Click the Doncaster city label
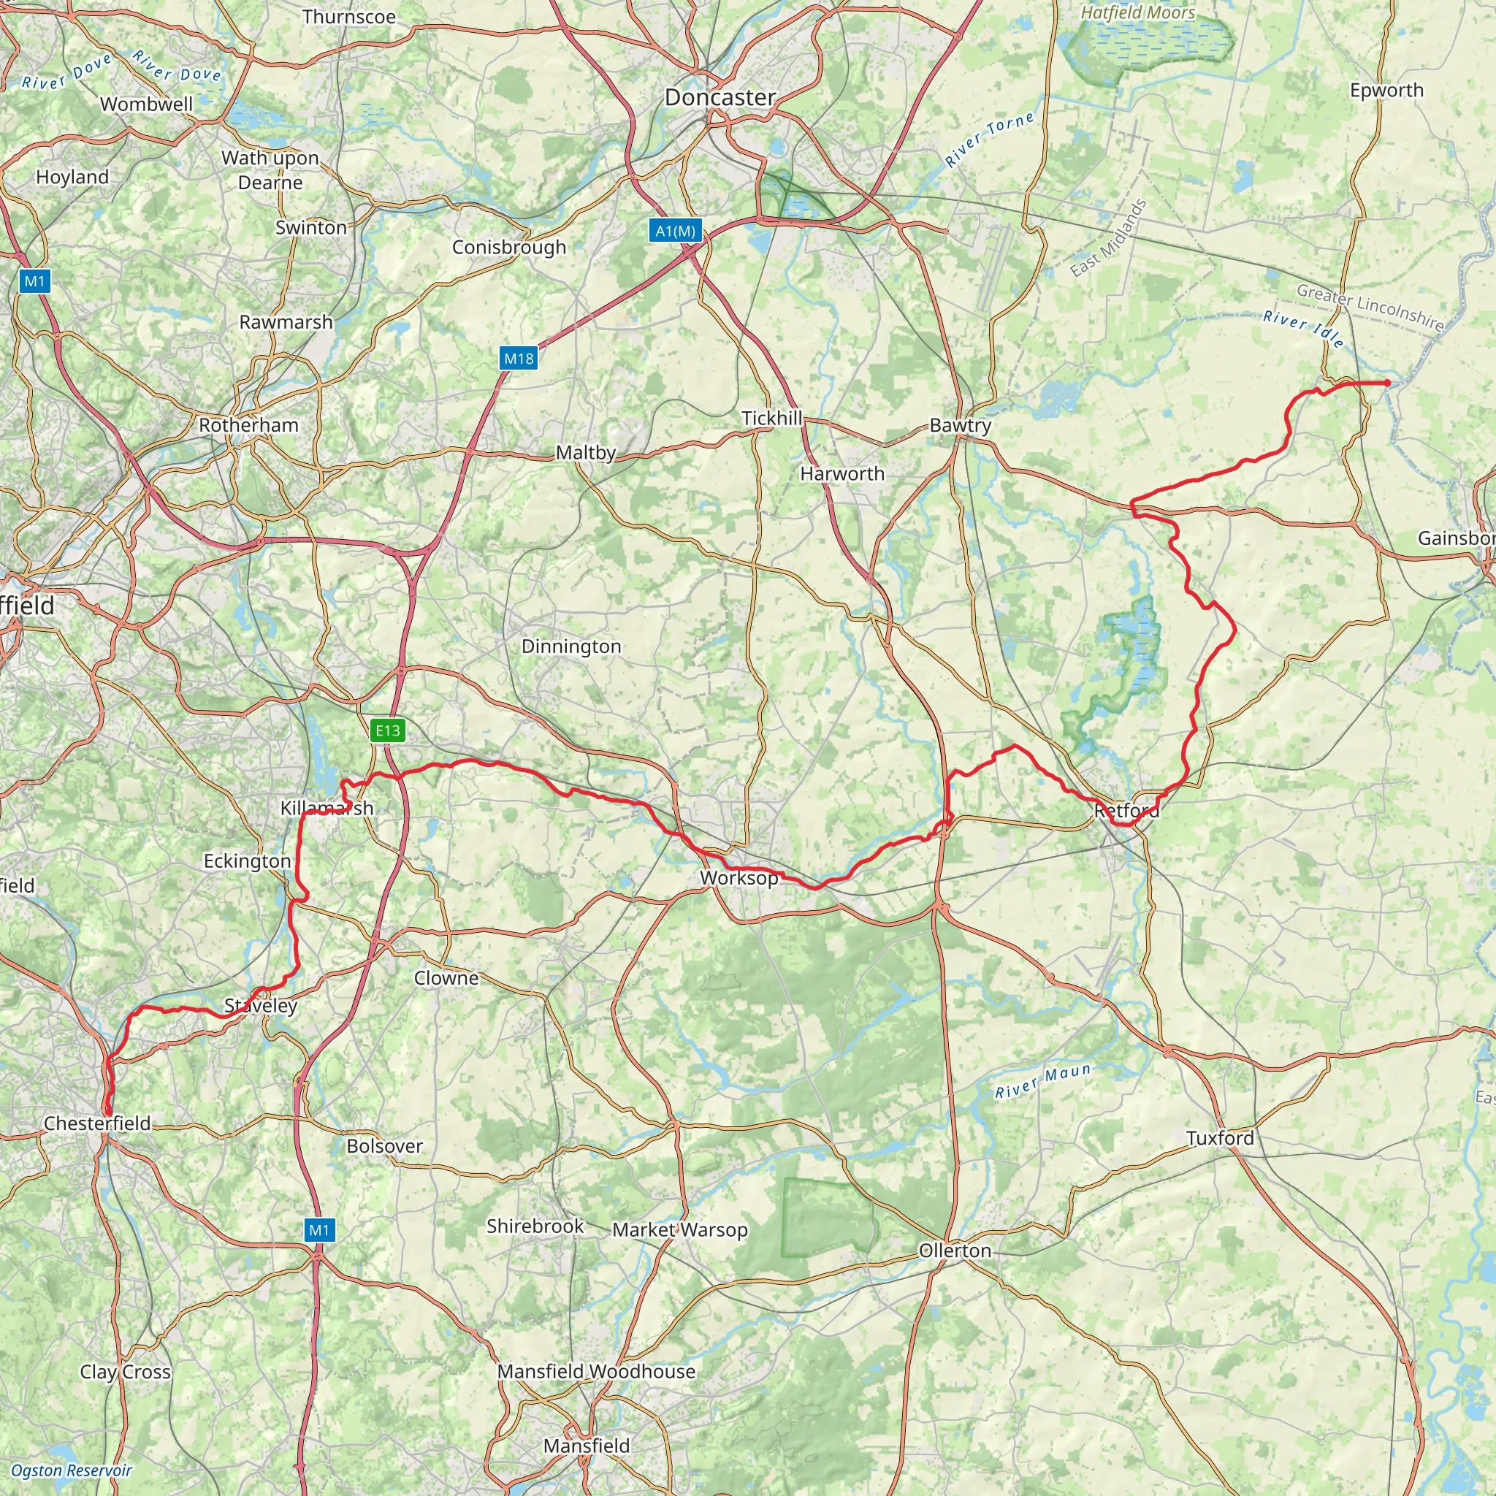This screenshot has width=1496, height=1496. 720,98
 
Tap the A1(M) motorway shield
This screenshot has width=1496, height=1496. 675,231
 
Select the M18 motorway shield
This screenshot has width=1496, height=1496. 519,358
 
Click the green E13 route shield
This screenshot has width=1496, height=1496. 388,730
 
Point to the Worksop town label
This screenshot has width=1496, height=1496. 739,878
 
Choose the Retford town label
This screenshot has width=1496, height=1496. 1126,811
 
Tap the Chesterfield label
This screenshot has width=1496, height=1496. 98,1123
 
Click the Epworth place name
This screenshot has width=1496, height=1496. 1386,91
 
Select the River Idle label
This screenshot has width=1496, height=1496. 1303,328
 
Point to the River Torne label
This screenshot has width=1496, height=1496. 989,140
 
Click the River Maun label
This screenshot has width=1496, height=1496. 1043,1081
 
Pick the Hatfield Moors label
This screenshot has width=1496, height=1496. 1137,13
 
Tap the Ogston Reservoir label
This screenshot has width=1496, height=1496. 72,1470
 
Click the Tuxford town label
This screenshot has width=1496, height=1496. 1220,1138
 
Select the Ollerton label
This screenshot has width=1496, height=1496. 955,1251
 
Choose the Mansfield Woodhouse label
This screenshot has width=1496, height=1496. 596,1371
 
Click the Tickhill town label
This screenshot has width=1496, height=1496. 771,418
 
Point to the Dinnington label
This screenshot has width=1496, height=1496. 571,646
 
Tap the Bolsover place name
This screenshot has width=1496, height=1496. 385,1146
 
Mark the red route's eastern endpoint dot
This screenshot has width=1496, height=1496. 1387,383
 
